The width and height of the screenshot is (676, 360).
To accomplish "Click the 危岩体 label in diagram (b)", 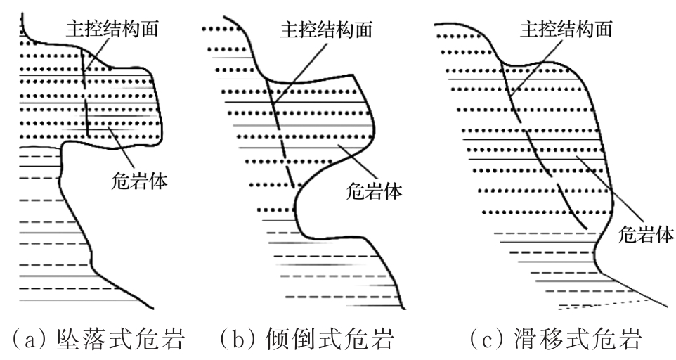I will [370, 190].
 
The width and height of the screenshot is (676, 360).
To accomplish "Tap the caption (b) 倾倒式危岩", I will [308, 340].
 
